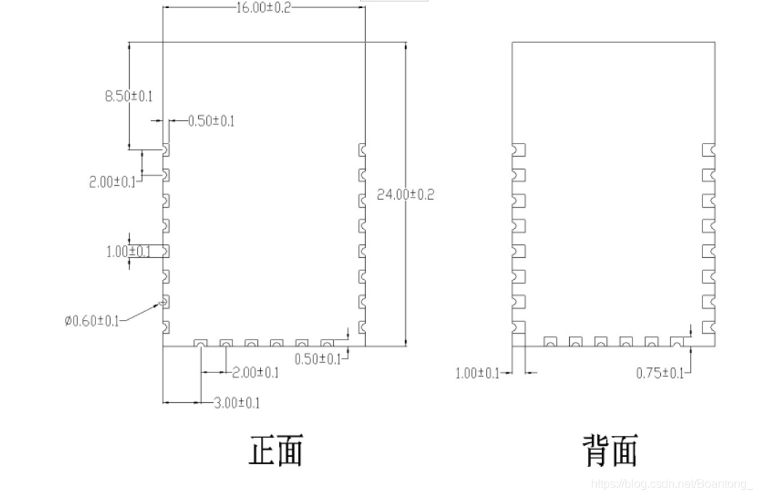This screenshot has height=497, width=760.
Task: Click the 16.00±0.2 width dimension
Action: pos(263,8)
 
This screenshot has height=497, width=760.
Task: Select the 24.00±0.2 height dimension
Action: pos(405,195)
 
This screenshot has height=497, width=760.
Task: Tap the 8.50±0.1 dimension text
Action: pos(129,96)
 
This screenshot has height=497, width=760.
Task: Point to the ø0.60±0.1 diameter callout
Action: pos(91,321)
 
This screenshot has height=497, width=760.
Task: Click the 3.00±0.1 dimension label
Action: pos(236,403)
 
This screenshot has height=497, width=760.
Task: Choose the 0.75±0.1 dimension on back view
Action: pos(660,373)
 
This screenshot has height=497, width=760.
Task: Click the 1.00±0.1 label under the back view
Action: pos(477,373)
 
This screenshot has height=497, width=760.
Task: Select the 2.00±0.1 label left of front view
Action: pos(112,182)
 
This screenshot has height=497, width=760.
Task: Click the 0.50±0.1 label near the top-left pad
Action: pos(211,121)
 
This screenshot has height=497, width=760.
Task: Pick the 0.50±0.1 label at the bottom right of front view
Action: pos(318,359)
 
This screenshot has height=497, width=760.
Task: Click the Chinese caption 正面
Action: pos(275,450)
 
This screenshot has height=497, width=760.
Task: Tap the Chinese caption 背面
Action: pos(610,450)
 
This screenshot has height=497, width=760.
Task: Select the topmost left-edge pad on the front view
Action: pos(166,149)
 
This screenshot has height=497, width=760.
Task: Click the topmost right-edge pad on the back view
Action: pos(709,149)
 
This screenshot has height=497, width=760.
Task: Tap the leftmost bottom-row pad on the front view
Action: pos(200,343)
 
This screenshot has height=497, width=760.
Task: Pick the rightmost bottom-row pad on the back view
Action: pos(678,341)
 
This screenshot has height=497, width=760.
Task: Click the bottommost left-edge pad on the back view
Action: pos(519,327)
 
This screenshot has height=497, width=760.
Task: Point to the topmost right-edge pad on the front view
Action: pos(362,149)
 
